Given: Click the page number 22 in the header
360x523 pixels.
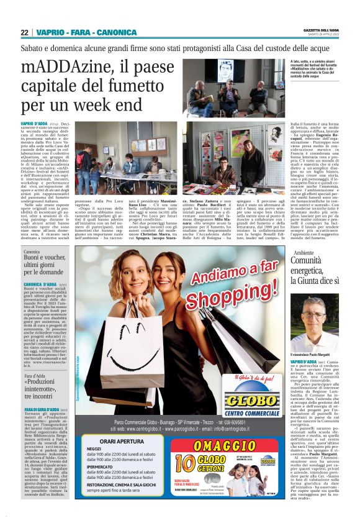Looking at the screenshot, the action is [24, 32].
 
